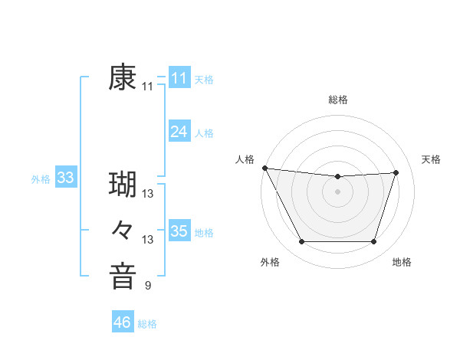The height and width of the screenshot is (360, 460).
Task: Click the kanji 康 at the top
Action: [x=123, y=78]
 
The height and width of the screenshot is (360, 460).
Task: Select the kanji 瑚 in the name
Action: [x=123, y=185]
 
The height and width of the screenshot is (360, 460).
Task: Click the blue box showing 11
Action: [x=179, y=78]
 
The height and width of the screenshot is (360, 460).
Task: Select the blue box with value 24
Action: [x=179, y=132]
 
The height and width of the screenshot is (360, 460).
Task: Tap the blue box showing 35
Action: [x=179, y=231]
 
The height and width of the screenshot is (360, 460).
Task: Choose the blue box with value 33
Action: [x=65, y=178]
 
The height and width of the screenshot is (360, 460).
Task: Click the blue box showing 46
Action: [x=122, y=322]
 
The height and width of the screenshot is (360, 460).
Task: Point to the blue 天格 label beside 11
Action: [x=204, y=80]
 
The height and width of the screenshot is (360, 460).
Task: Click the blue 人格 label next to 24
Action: [x=204, y=133]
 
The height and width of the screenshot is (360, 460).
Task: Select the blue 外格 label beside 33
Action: [x=41, y=179]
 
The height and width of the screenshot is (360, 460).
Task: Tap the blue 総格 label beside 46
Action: [x=147, y=324]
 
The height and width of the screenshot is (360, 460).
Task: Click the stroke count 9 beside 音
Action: [x=147, y=286]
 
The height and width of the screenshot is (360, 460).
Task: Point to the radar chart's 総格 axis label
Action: [x=338, y=100]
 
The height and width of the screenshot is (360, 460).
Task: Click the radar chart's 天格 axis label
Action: [x=432, y=159]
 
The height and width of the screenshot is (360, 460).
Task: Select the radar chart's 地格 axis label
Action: [x=402, y=262]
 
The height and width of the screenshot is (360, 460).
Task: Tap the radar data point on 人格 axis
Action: [x=264, y=168]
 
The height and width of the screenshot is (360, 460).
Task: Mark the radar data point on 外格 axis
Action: [x=301, y=242]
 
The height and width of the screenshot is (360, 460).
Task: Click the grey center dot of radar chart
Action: [x=338, y=191]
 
